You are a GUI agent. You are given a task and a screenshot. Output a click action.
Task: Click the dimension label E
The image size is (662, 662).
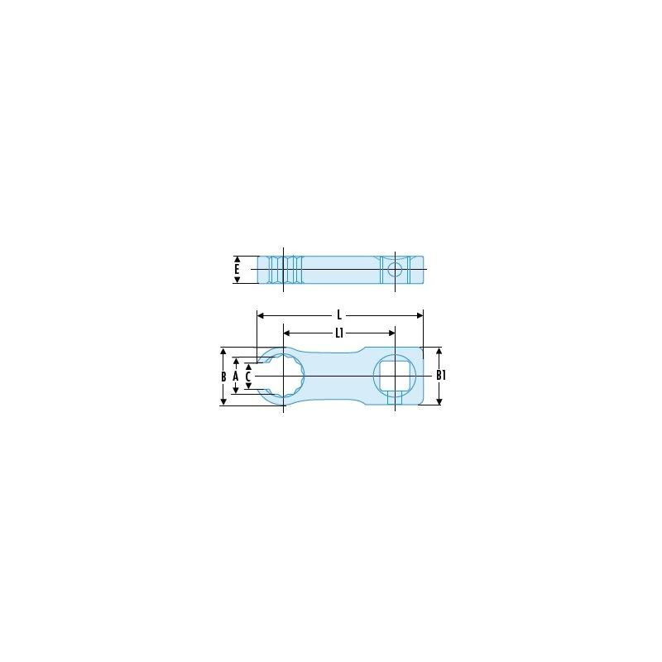[237, 270]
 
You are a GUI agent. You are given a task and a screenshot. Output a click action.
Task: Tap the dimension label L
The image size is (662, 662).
[339, 315]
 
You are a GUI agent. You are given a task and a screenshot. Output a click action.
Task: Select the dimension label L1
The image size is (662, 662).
[339, 333]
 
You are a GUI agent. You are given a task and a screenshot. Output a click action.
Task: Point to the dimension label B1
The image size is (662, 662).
[441, 375]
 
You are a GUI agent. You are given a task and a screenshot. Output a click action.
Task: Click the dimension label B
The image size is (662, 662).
[223, 377]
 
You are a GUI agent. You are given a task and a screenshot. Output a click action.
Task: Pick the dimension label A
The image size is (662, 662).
[236, 377]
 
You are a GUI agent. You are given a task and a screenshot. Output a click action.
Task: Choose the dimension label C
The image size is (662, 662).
[248, 377]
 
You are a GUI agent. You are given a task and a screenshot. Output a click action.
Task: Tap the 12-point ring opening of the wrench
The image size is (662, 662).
[284, 376]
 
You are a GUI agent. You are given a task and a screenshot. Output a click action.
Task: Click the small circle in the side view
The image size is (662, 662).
[395, 270]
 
